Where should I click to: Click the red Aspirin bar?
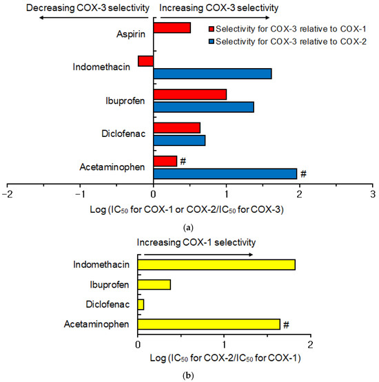172,28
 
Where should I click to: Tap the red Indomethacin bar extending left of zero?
145,61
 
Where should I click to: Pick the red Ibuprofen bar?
189,94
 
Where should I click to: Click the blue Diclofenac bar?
179,140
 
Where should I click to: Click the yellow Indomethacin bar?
216,265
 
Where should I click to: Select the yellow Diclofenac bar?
141,304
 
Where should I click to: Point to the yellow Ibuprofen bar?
154,284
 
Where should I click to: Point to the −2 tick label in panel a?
7,194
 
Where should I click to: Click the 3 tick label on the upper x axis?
373,194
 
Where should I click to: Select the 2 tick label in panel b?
311,343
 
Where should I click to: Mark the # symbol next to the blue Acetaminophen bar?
303,174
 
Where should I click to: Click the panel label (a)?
189,226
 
